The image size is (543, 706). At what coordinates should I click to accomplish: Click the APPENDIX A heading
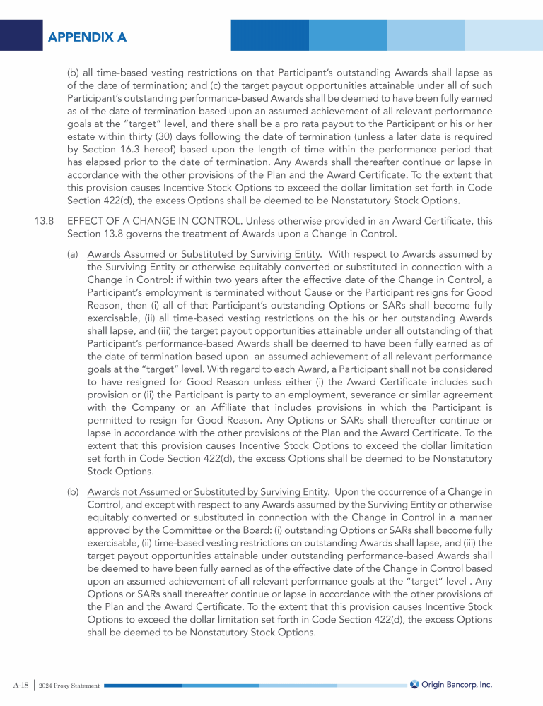(x=87, y=37)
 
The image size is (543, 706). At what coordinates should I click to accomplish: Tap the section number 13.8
(x=44, y=221)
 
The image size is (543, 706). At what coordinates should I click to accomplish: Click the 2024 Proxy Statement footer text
(x=69, y=686)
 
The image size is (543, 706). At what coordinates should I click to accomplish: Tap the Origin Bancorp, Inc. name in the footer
(x=457, y=685)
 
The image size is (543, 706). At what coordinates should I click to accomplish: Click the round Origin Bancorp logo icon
(x=414, y=685)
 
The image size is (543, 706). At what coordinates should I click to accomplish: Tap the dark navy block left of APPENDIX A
(x=22, y=35)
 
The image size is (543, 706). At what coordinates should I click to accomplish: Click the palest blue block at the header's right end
(x=503, y=35)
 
